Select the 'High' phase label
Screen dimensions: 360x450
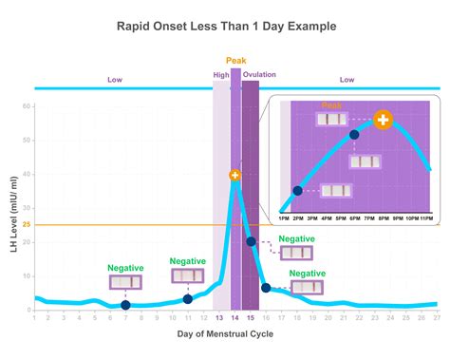[220, 74]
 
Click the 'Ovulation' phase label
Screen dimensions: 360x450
[259, 74]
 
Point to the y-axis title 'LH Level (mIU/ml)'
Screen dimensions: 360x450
[12, 213]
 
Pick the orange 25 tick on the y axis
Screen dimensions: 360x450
[27, 225]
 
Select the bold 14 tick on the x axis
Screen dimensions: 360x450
[235, 318]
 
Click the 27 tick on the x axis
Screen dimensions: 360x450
[436, 318]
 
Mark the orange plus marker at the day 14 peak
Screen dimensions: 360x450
[235, 176]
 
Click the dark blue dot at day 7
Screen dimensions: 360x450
[126, 305]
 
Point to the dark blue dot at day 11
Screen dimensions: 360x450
[188, 299]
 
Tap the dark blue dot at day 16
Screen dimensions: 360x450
[267, 287]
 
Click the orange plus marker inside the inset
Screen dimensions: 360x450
[383, 121]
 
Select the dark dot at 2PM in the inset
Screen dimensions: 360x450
[298, 191]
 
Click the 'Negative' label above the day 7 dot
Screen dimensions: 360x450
[125, 268]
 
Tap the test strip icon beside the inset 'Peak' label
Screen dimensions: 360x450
[332, 121]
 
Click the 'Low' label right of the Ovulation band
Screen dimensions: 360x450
[347, 81]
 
